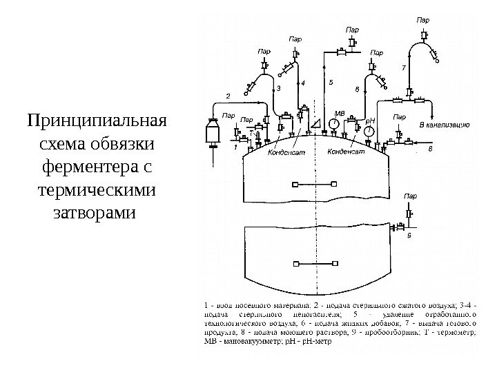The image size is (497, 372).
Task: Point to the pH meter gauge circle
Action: pyautogui.click(x=369, y=130)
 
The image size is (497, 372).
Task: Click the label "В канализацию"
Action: pyautogui.click(x=445, y=125)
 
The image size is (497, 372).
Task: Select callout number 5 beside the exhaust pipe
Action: pyautogui.click(x=331, y=83)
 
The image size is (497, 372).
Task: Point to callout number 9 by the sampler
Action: pyautogui.click(x=409, y=235)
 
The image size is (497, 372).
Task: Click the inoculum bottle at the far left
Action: pyautogui.click(x=213, y=132)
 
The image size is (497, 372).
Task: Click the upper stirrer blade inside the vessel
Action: pyautogui.click(x=314, y=183)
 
